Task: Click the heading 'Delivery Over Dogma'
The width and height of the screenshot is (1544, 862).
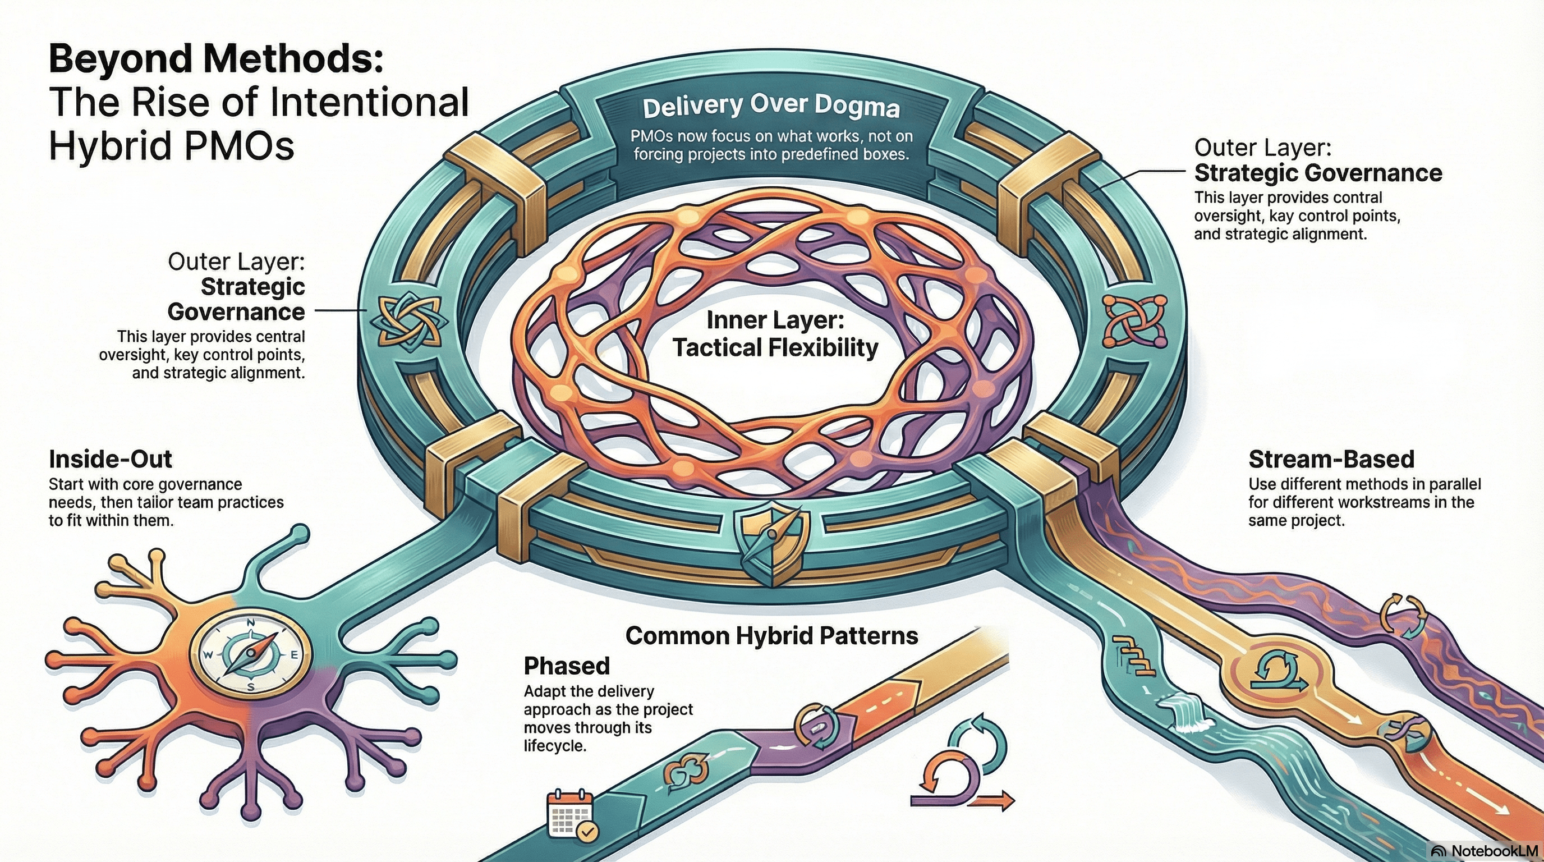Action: tap(771, 107)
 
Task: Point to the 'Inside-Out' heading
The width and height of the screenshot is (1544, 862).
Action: tap(111, 459)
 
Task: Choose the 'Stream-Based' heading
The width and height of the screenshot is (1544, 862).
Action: tap(1331, 459)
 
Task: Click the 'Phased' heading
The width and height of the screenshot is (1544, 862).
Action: tap(567, 666)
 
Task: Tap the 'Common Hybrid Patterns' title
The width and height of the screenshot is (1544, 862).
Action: tap(771, 635)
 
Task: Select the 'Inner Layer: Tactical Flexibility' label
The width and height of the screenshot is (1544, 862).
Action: tap(775, 334)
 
